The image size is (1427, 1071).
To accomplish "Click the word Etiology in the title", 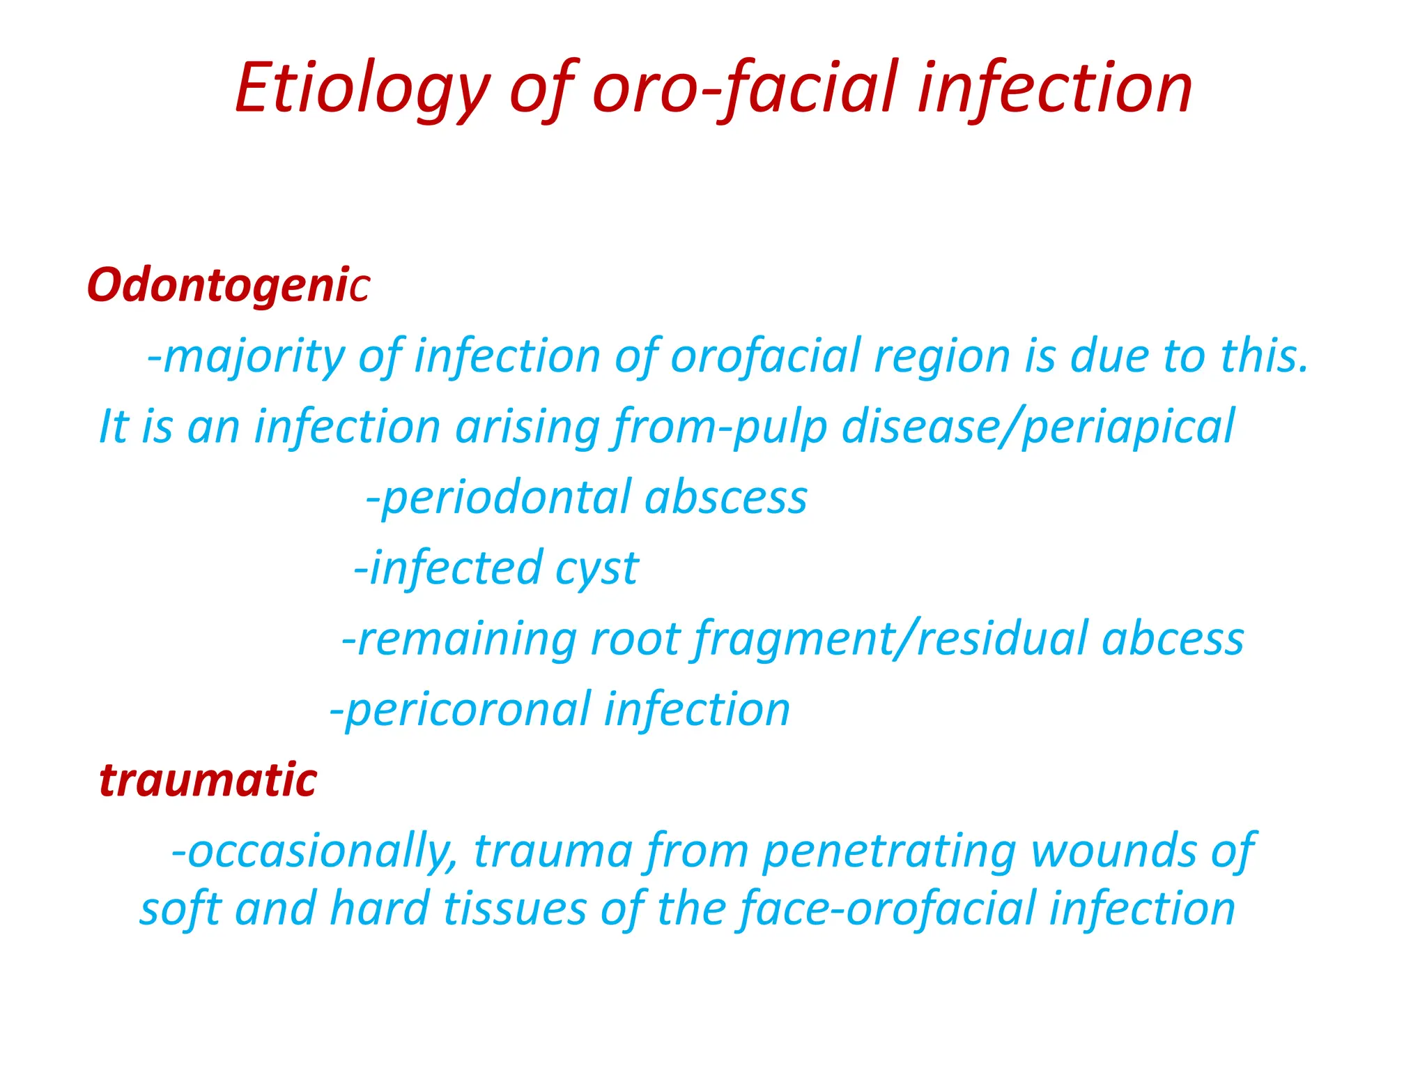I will point(362,89).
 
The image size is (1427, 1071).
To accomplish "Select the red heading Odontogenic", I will point(228,286).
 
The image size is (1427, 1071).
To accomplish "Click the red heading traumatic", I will point(208,780).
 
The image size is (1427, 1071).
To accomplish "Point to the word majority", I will point(254,357).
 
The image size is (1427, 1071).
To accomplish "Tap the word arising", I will point(527,427).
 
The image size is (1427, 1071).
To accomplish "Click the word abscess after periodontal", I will point(726,498).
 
